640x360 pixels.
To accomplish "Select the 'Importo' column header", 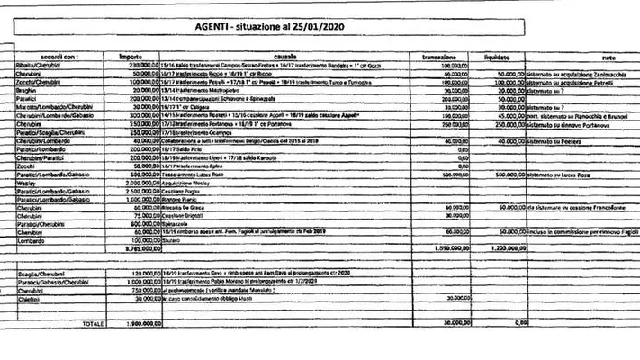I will (133, 57).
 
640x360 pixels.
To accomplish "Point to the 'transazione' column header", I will (440, 57).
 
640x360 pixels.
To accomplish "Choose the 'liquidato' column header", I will (509, 57).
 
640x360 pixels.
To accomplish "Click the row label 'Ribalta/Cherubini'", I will (37, 67).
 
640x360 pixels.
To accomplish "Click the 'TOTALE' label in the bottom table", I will (88, 322).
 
